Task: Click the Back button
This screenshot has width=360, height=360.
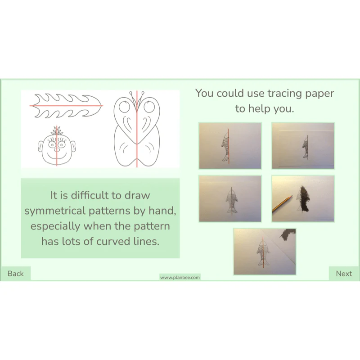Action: (15, 274)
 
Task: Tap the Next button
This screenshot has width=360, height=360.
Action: (344, 274)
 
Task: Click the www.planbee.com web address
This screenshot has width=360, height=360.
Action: (180, 277)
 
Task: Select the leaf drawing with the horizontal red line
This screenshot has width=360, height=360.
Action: (66, 106)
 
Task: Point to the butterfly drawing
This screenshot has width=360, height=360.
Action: (137, 129)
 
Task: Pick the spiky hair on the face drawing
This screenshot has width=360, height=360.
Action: (57, 131)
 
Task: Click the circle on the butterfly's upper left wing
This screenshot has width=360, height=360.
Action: (125, 107)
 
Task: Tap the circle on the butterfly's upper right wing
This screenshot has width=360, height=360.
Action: (149, 107)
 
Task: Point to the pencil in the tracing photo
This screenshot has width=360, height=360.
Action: (283, 204)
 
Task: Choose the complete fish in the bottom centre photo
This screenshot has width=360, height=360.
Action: (263, 253)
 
